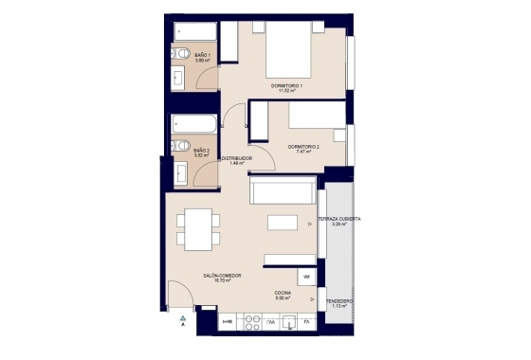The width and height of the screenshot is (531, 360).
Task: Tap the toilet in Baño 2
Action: coord(181,145)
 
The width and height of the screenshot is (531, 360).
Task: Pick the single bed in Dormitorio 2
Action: coord(318,115)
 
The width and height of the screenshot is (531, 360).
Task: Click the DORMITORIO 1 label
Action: coord(286,87)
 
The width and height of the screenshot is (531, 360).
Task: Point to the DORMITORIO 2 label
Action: coord(304,147)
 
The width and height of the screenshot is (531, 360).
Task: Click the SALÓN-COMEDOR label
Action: coord(221,276)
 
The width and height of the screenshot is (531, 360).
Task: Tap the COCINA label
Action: coord(283,293)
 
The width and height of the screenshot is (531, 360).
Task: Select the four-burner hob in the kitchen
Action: coord(252,322)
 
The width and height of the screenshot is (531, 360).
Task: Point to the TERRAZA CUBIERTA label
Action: coord(338,219)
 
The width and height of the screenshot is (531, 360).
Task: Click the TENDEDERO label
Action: coord(339,302)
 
